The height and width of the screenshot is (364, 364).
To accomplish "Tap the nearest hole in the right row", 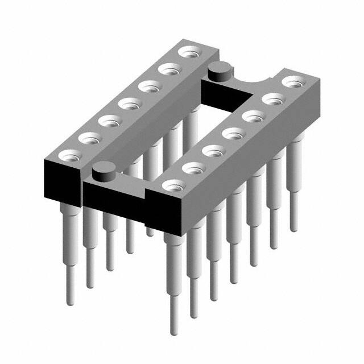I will pos(174,185).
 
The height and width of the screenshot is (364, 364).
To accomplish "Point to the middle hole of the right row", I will pos(231,134).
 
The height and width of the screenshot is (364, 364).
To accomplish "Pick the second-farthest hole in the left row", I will pos(168,69).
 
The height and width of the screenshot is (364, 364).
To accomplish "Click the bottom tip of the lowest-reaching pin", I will pos(173,330).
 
